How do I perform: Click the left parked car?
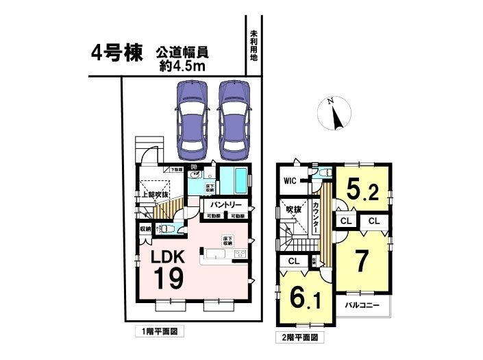[191, 117]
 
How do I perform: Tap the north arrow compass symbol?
[335, 115]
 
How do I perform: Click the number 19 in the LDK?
[167, 279]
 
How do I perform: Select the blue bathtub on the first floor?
[236, 181]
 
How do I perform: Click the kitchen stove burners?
[240, 254]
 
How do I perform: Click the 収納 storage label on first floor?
[145, 229]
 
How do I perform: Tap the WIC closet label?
[290, 182]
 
